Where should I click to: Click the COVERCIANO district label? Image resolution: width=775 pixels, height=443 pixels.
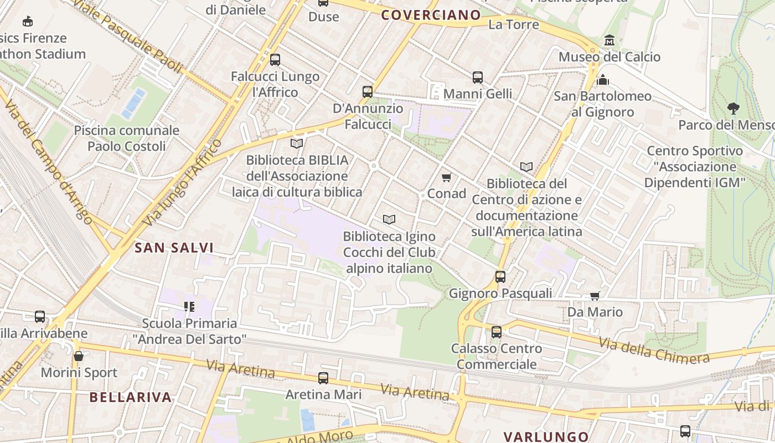(x=431, y=15)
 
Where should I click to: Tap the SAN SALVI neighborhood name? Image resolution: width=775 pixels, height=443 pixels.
(x=174, y=248)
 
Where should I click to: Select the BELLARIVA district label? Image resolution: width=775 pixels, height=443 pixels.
(x=131, y=397)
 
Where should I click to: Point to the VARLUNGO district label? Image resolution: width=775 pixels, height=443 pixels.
(x=546, y=437)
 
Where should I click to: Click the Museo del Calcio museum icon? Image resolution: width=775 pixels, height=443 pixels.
(x=609, y=40)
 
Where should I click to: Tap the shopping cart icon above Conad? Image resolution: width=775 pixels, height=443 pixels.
(x=446, y=177)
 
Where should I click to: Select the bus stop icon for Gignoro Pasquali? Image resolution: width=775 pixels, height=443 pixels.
(x=500, y=276)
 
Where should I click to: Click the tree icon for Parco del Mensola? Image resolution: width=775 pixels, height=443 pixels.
(x=733, y=108)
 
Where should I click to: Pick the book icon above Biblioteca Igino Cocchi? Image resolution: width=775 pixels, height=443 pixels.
(x=389, y=220)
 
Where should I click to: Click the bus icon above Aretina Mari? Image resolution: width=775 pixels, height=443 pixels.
(x=323, y=378)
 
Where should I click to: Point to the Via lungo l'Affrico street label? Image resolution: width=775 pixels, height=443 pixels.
(x=183, y=182)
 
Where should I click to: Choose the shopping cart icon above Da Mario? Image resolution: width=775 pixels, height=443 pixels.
(x=595, y=296)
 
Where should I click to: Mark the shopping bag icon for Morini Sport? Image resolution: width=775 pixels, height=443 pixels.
(x=79, y=356)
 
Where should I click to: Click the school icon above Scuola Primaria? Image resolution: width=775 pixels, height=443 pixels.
(x=189, y=306)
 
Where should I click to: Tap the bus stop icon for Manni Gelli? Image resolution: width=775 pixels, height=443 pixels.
(x=478, y=78)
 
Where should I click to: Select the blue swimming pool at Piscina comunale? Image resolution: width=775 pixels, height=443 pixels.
(x=133, y=103)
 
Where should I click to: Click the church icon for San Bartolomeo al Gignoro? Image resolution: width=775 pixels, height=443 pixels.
(x=603, y=80)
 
